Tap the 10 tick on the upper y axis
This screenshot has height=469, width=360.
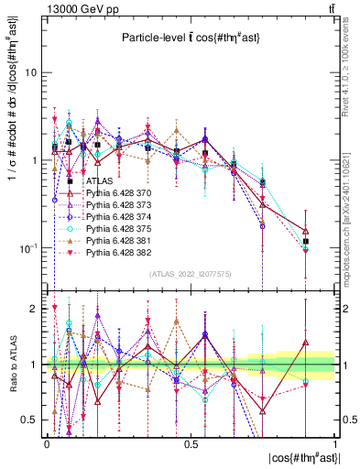coord(32,71)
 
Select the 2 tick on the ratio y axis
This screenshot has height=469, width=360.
coord(36,309)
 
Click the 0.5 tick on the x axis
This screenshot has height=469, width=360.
coord(191,442)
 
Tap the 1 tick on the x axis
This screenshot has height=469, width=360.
coord(335,442)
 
